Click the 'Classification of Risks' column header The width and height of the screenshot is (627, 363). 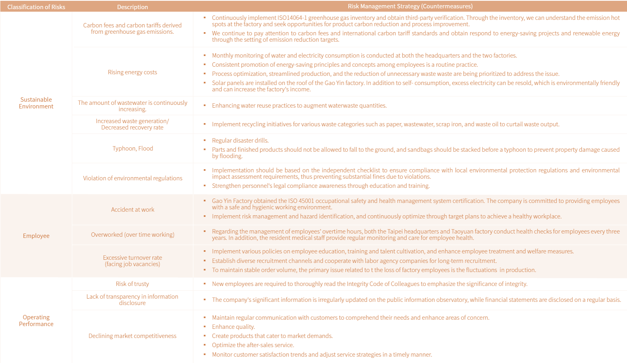click(x=36, y=7)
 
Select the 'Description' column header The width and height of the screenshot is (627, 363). click(x=133, y=7)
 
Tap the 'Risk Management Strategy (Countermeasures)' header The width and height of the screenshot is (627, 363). click(x=410, y=6)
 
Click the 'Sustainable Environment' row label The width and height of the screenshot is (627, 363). click(x=36, y=103)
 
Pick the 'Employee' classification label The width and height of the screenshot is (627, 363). click(x=36, y=236)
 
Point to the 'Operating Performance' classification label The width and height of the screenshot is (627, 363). click(x=36, y=321)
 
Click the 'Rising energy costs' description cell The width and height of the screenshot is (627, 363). click(x=133, y=72)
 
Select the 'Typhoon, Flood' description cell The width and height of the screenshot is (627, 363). click(x=133, y=149)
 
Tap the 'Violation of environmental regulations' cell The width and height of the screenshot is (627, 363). click(x=133, y=178)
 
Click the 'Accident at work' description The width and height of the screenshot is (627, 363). click(x=133, y=210)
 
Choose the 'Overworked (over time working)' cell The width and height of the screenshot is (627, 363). click(x=133, y=235)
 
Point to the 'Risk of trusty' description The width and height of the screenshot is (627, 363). click(x=133, y=284)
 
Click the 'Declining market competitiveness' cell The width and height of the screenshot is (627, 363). click(x=133, y=336)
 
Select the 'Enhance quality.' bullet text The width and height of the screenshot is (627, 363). click(x=233, y=327)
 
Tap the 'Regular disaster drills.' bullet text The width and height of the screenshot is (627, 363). click(x=240, y=141)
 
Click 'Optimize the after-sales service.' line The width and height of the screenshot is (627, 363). click(x=253, y=345)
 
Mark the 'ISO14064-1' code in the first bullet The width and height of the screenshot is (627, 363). click(x=292, y=18)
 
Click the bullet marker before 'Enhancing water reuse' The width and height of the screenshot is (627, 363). click(x=205, y=106)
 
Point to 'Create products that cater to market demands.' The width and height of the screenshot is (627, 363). click(x=272, y=336)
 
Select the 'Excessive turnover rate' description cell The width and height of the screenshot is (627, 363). click(x=133, y=261)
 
